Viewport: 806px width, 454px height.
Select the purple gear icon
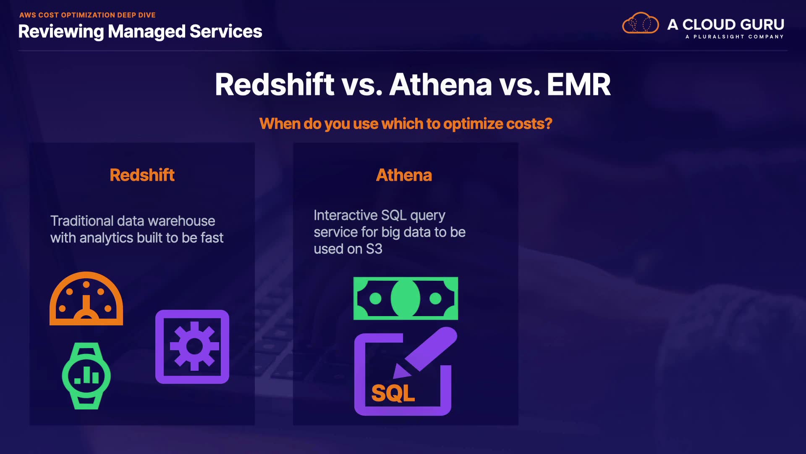point(192,347)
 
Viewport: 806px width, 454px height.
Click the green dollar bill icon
point(406,298)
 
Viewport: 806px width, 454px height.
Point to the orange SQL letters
point(393,393)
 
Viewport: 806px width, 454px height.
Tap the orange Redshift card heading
point(142,175)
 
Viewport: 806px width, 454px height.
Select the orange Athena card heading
point(404,175)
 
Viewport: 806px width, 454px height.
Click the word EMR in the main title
point(578,84)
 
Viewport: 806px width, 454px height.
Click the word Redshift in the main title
point(275,84)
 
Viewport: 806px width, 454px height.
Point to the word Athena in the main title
point(441,84)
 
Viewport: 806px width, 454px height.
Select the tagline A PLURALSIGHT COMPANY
point(735,37)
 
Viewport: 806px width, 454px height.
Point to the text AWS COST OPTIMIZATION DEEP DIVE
point(87,15)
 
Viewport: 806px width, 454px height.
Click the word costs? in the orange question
point(529,124)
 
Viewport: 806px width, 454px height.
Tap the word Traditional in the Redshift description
point(82,221)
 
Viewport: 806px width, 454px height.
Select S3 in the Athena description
point(374,249)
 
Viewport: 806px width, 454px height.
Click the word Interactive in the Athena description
point(345,215)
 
